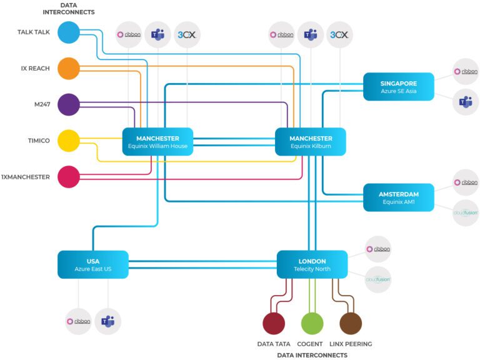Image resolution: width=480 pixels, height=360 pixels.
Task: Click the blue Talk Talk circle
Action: pyautogui.click(x=69, y=32)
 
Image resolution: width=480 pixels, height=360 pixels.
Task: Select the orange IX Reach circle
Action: pyautogui.click(x=69, y=69)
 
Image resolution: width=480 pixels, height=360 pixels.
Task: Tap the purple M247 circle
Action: pyautogui.click(x=69, y=104)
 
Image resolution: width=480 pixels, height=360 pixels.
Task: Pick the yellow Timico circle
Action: pyautogui.click(x=69, y=141)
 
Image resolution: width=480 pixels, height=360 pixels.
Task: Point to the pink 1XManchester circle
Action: pyautogui.click(x=69, y=177)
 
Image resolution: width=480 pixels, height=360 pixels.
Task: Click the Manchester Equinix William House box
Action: pyautogui.click(x=157, y=142)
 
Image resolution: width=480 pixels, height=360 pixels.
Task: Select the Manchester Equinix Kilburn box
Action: pyautogui.click(x=311, y=142)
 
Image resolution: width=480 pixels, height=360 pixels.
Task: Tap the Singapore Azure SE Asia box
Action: pyautogui.click(x=399, y=87)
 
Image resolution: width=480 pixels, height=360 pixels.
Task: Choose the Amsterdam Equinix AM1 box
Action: pyautogui.click(x=399, y=197)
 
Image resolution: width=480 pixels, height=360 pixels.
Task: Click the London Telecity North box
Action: pyautogui.click(x=312, y=264)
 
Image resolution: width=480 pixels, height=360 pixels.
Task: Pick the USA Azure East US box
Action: pyautogui.click(x=92, y=264)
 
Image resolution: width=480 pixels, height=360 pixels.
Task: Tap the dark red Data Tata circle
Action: pyautogui.click(x=274, y=324)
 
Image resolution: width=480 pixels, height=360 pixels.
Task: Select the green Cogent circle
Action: pyautogui.click(x=312, y=324)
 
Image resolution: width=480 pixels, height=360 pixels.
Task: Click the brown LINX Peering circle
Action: pyautogui.click(x=350, y=324)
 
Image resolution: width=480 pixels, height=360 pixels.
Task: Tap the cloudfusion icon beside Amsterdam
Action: pyautogui.click(x=465, y=212)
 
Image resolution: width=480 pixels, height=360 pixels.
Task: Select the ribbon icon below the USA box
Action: pyautogui.click(x=79, y=321)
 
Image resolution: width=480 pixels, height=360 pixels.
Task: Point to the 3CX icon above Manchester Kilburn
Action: pyautogui.click(x=339, y=35)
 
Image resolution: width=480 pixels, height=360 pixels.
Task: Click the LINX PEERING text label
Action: pyautogui.click(x=351, y=344)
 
